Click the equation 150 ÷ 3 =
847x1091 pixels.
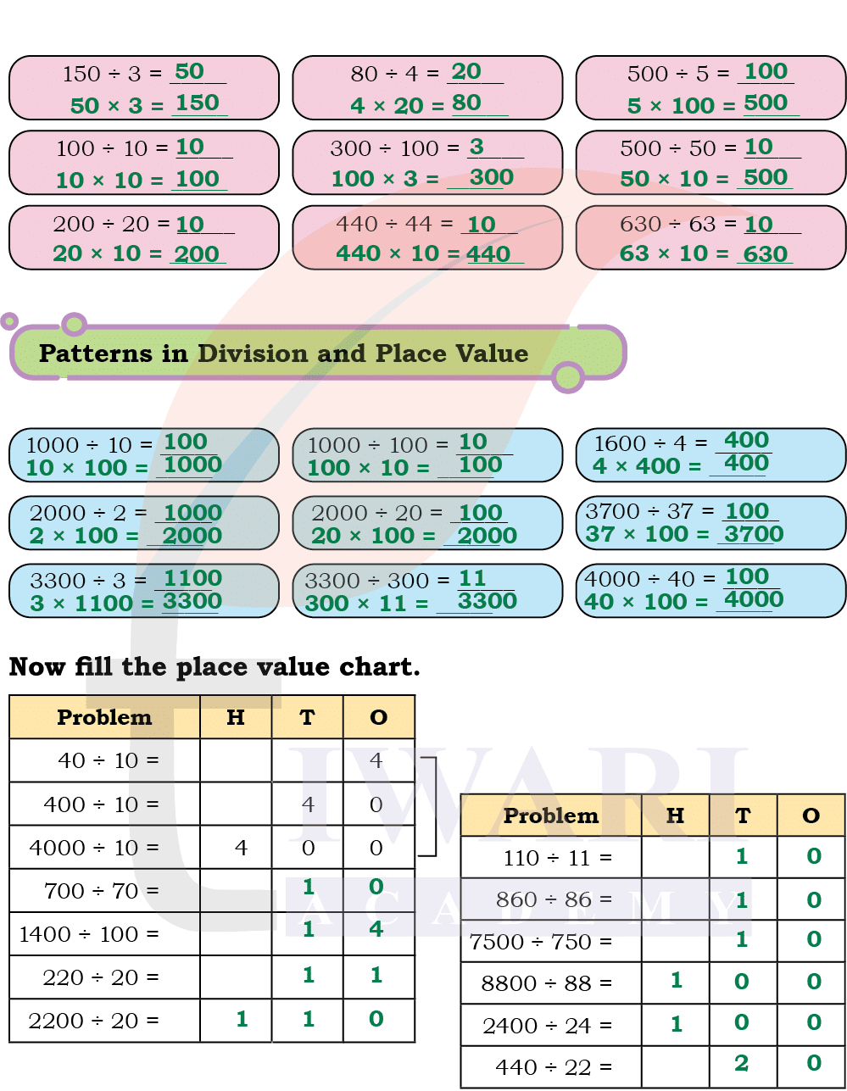tap(112, 75)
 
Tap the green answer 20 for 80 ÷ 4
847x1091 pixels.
tap(466, 72)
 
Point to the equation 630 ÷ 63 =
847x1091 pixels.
tap(677, 225)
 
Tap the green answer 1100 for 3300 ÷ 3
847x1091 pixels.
tap(193, 579)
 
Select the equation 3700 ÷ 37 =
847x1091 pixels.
tap(650, 511)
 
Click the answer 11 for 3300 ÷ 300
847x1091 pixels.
tap(472, 579)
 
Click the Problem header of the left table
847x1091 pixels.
tap(104, 717)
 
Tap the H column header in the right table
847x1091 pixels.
tap(675, 815)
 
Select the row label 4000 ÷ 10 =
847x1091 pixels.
tap(94, 848)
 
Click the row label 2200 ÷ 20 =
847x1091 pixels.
tap(94, 1021)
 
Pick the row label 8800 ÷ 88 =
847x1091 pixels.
tap(546, 983)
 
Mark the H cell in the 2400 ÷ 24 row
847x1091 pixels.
tap(676, 1023)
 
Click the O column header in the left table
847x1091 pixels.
tap(379, 717)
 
